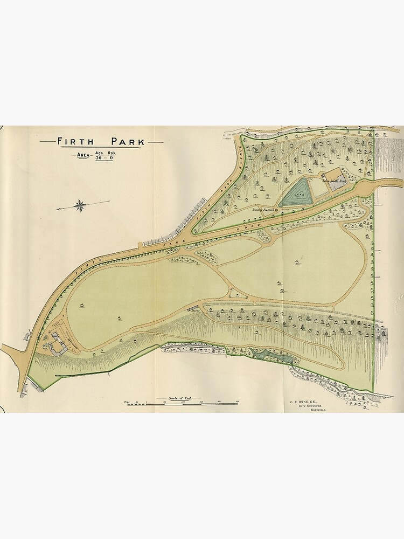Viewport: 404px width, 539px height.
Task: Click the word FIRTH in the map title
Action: pyautogui.click(x=76, y=142)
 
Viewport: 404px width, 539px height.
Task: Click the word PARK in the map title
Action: pyautogui.click(x=127, y=142)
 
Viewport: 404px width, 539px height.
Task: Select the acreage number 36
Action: pyautogui.click(x=99, y=158)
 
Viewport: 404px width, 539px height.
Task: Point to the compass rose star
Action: pyautogui.click(x=80, y=205)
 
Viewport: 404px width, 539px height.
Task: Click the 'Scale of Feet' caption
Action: pyautogui.click(x=176, y=398)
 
